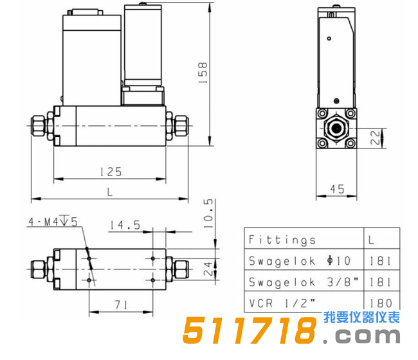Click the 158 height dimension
203,74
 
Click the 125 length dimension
110,172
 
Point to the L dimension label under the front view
110,192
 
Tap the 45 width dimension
336,189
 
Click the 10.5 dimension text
208,213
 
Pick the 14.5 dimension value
125,225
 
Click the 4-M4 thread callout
52,222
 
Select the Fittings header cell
282,240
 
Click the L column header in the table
375,240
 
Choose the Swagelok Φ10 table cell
300,261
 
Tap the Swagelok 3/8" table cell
300,282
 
